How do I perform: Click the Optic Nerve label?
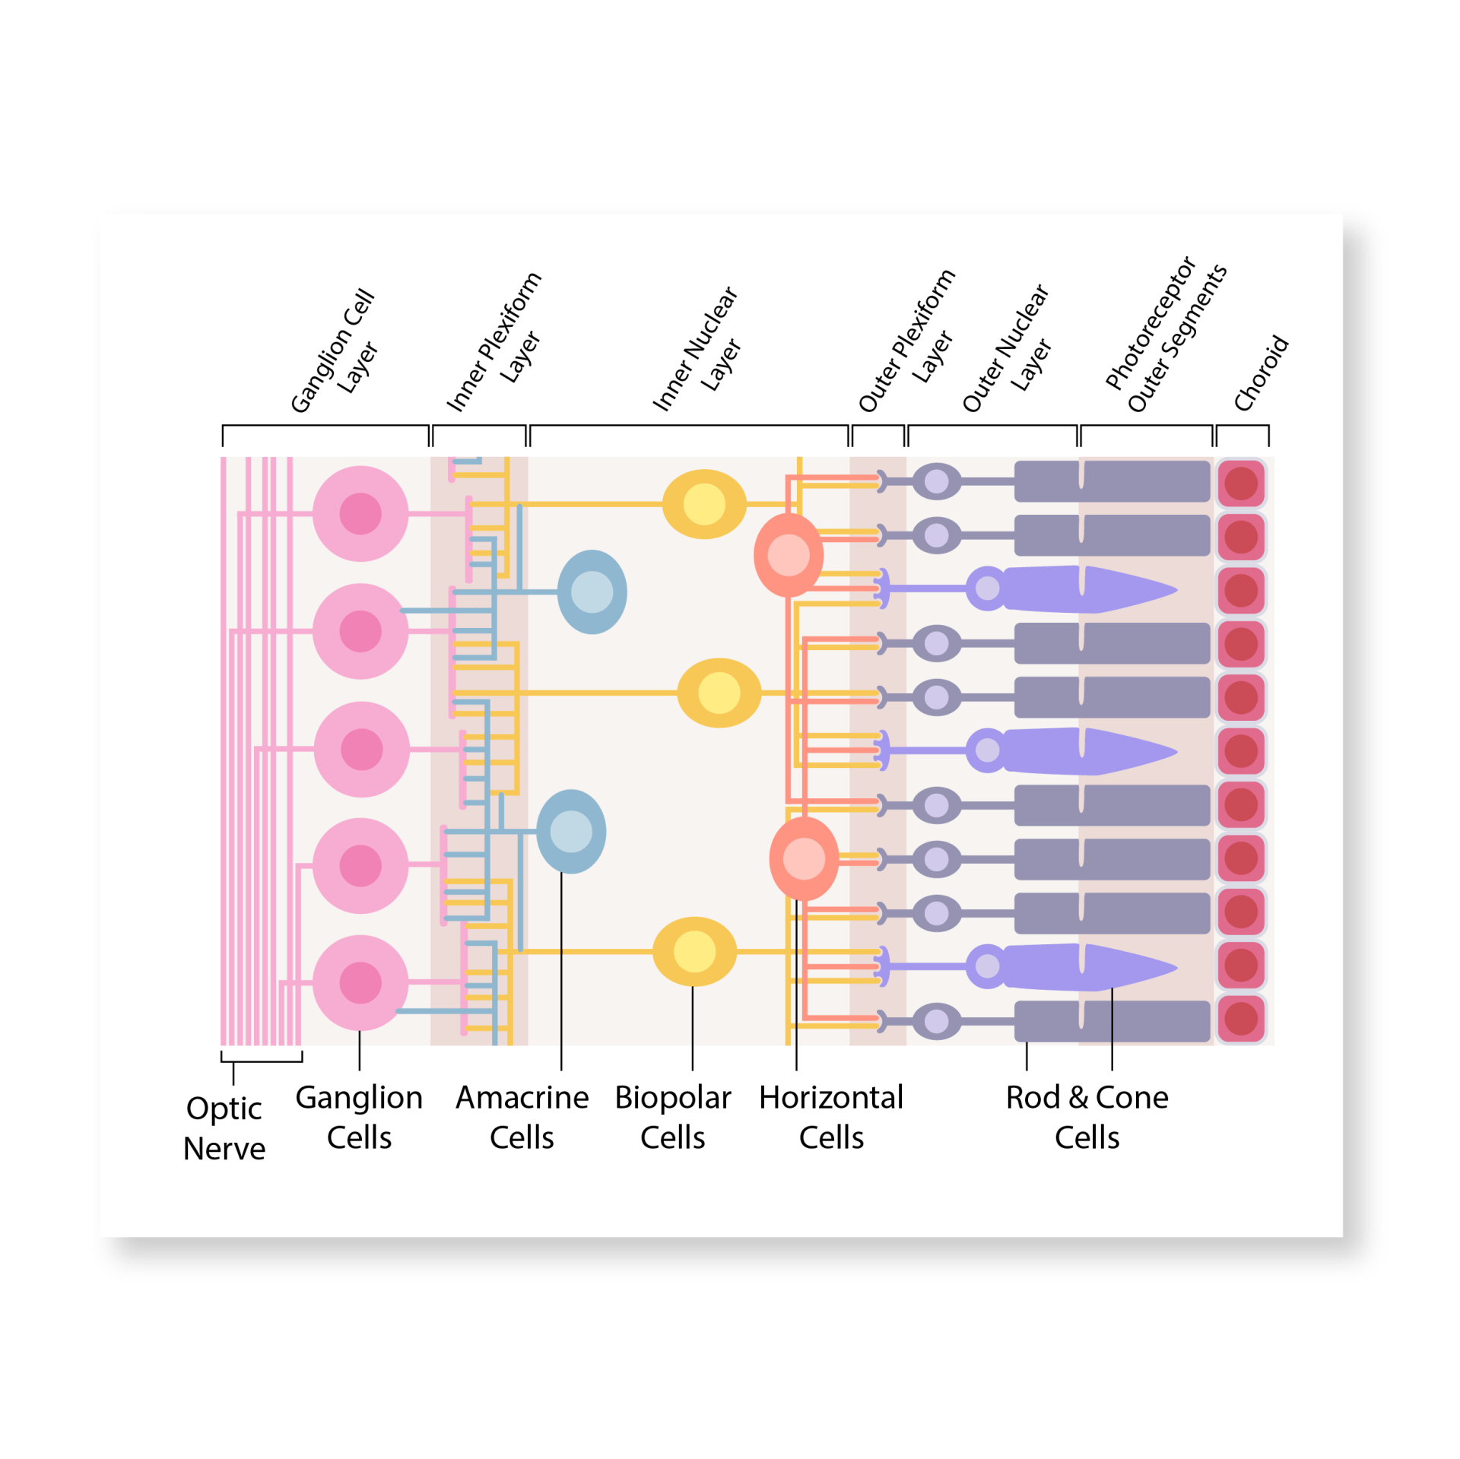coord(224,1128)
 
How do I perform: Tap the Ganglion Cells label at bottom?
coord(359,1117)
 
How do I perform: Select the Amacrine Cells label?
coord(522,1117)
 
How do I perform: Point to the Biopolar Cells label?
coord(672,1117)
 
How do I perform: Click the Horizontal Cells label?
coord(831,1117)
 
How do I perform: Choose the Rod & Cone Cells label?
coord(1087,1117)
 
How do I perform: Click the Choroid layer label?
coord(1261,373)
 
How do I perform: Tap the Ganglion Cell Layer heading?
coord(335,351)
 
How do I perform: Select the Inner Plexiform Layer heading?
coord(494,342)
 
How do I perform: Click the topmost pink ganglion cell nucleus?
coord(360,514)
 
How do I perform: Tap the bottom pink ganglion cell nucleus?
coord(360,982)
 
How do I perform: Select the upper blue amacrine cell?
coord(592,592)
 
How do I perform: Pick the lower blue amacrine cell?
coord(571,832)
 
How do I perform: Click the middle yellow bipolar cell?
coord(719,693)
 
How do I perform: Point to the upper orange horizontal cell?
coord(789,555)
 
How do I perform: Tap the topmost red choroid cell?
coord(1241,484)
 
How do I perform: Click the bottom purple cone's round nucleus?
coord(987,966)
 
